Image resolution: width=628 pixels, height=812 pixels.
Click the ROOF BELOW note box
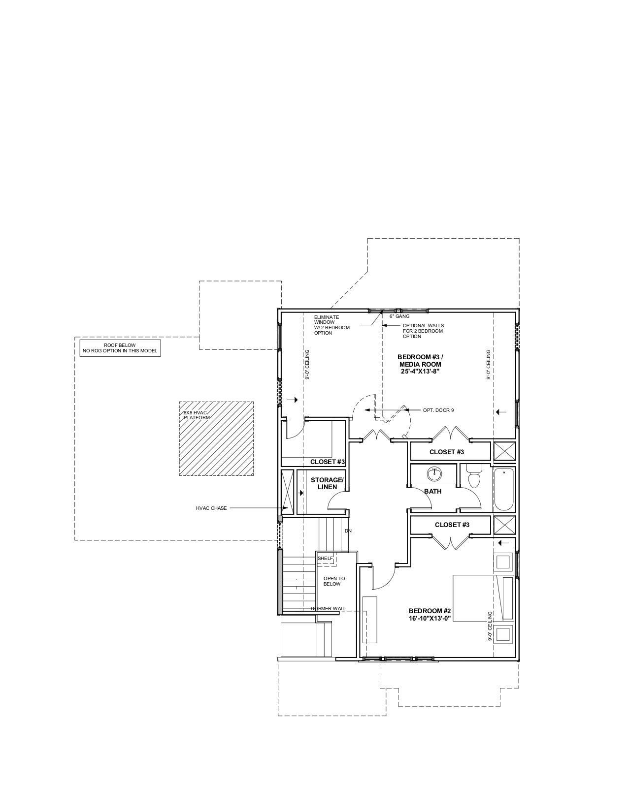coord(120,348)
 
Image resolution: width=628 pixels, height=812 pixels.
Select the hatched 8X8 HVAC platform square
coord(216,438)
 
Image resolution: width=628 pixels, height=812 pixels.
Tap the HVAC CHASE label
coord(211,508)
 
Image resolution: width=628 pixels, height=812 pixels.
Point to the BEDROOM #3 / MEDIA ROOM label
coord(420,361)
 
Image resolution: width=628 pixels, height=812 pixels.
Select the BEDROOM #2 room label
coord(430,611)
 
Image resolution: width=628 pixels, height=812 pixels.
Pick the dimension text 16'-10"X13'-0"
coord(430,618)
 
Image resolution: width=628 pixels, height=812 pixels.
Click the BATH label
coord(433,492)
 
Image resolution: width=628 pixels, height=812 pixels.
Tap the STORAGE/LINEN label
coord(327,483)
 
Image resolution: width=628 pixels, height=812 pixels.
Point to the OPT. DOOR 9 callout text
coord(438,410)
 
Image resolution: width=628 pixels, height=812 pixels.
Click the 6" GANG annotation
coord(399,316)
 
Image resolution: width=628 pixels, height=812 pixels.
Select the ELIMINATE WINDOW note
coord(332,325)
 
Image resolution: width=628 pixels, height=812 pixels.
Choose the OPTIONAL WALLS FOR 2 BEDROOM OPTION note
coord(423,331)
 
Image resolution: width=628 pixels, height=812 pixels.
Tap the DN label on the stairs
coord(348,531)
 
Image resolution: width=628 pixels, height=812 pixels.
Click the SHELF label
coord(325,558)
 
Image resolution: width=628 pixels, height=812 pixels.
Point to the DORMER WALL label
coord(329,609)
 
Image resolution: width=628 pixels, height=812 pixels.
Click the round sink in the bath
coord(434,474)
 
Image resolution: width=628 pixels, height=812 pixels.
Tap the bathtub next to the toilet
coord(504,490)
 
